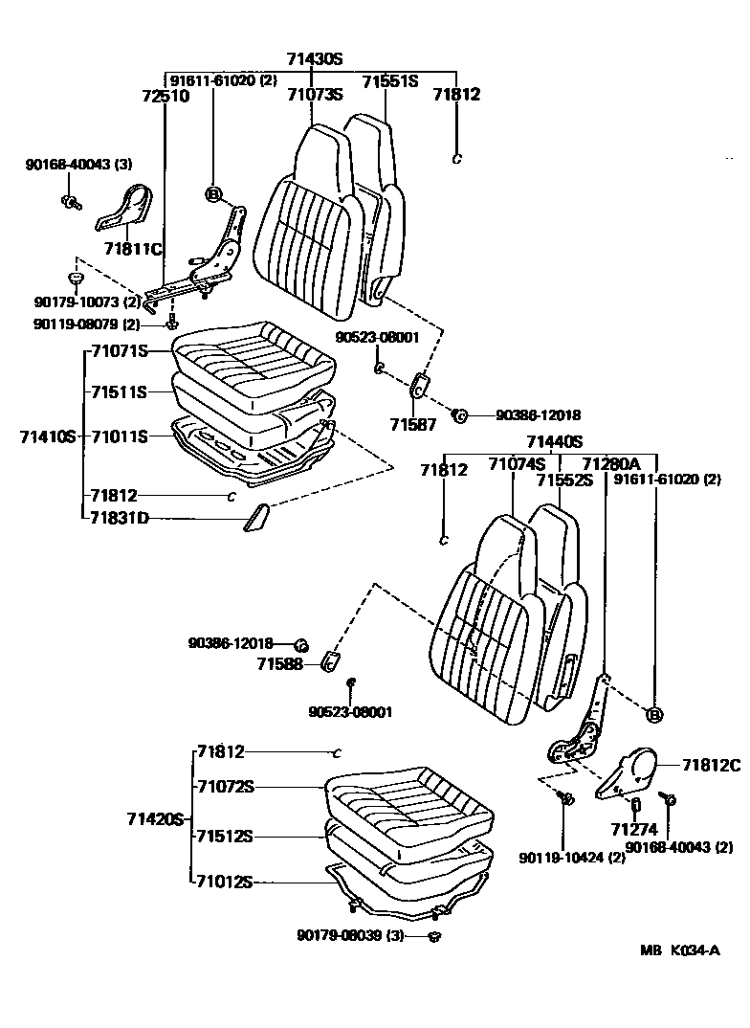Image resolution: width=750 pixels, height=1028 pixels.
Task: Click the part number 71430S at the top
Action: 315,58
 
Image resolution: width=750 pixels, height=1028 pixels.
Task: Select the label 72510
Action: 165,96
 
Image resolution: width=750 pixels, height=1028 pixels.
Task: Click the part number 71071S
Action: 119,351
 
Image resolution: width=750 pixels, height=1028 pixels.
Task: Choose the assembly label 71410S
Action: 47,436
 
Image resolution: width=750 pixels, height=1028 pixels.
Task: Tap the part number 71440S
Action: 554,441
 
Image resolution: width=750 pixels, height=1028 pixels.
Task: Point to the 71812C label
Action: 711,764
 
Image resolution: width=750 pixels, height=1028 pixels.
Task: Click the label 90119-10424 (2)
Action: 572,857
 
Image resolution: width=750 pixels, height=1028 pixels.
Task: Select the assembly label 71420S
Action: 154,819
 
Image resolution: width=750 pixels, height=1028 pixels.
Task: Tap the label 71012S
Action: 225,882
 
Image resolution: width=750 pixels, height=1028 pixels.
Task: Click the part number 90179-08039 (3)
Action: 356,935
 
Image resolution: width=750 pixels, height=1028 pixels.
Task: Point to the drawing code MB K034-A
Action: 682,951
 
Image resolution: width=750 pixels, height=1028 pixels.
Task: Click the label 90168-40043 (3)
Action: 78,165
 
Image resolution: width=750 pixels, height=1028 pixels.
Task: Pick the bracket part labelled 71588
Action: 331,661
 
